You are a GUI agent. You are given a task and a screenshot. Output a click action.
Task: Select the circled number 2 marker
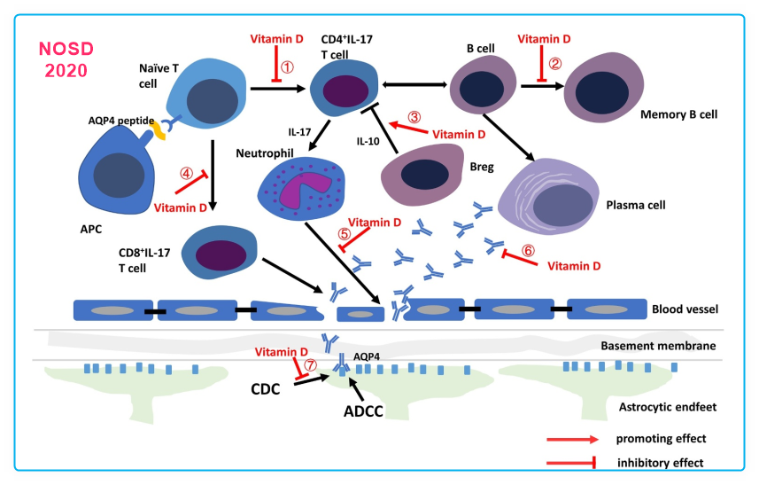click(x=555, y=63)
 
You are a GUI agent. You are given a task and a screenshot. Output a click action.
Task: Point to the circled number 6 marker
click(x=528, y=251)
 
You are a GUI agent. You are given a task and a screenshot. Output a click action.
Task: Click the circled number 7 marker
click(x=310, y=364)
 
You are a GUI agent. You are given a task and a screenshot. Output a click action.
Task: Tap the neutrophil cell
click(x=294, y=186)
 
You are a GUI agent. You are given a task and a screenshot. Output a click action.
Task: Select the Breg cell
click(x=424, y=174)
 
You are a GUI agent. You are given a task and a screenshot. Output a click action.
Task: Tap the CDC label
click(x=265, y=387)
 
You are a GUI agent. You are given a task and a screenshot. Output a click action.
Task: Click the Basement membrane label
click(x=657, y=346)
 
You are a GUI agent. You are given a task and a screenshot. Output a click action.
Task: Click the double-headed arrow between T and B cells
click(x=413, y=85)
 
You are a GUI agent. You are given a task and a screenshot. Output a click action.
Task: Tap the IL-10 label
click(x=369, y=141)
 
